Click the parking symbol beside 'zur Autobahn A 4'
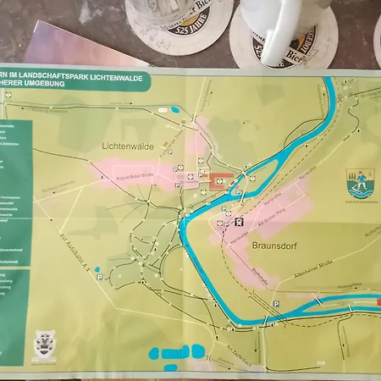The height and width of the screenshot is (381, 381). point(99,275)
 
